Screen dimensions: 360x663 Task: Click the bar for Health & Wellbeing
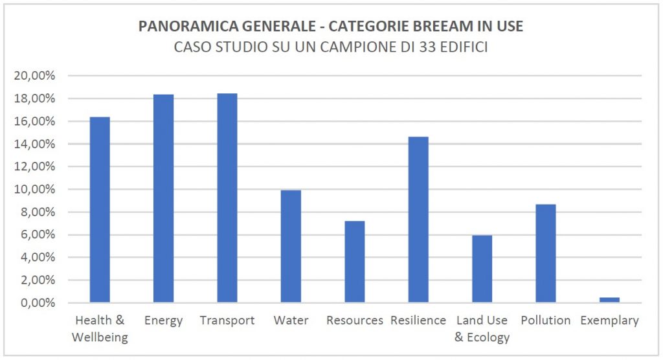(100, 210)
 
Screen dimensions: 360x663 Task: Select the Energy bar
(163, 199)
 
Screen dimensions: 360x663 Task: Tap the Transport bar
(227, 198)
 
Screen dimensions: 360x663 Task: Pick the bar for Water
(291, 247)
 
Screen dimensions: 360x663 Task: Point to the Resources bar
(354, 262)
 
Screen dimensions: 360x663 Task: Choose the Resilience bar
(418, 220)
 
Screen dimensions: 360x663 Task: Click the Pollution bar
(545, 254)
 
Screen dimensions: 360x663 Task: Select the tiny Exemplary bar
(609, 300)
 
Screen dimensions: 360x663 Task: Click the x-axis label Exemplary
(609, 321)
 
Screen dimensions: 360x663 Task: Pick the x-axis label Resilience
(418, 321)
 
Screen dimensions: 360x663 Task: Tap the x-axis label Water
(291, 321)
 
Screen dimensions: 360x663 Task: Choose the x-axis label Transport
(227, 321)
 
